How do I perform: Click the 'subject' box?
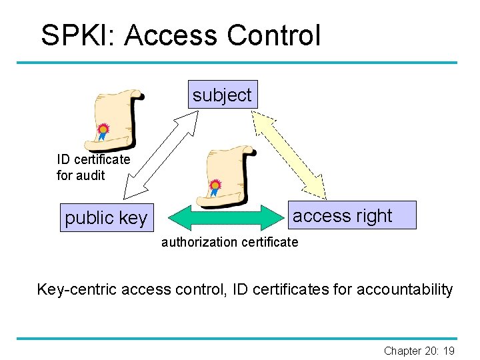coord(222,95)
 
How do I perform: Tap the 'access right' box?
coord(343,215)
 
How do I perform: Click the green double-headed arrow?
coord(226,217)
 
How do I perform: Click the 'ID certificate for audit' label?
coord(93,167)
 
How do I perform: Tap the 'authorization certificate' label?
coord(229,242)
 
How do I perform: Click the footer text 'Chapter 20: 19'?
coord(419,351)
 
